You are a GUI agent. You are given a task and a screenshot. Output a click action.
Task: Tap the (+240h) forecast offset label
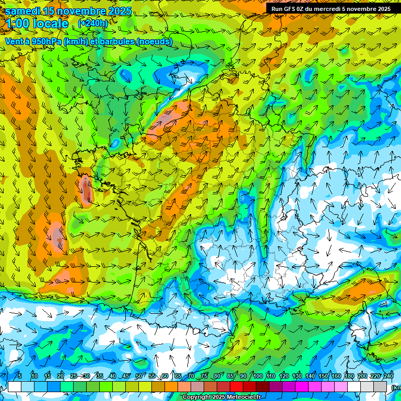93,23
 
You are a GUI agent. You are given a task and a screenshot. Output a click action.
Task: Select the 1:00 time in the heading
19,24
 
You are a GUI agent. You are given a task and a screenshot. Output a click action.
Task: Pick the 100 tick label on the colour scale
257,376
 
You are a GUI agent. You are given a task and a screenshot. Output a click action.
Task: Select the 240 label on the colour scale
388,376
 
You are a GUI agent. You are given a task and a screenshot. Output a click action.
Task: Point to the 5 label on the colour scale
20,376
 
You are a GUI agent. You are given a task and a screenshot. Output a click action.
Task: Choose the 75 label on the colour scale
204,376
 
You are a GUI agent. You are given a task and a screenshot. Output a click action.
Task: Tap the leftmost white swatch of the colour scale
15,386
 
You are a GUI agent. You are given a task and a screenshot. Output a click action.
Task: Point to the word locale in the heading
52,24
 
